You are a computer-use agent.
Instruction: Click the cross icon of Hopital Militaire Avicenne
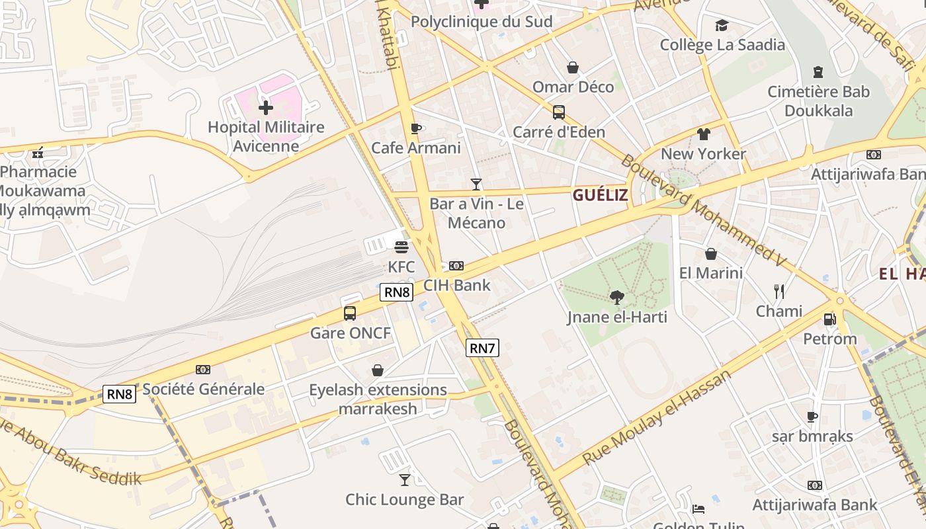tap(266, 107)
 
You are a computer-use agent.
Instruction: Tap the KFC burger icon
tap(401, 247)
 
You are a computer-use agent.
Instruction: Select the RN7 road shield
tap(482, 348)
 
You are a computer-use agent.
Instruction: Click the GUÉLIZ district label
tap(600, 195)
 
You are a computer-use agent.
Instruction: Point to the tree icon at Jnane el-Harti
tap(617, 297)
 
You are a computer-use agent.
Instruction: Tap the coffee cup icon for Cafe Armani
tap(415, 128)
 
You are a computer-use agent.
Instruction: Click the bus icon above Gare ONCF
tap(350, 313)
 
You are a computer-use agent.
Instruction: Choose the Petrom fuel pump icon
tap(829, 319)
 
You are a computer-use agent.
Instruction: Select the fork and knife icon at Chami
tap(779, 291)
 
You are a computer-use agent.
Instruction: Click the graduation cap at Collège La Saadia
tap(722, 25)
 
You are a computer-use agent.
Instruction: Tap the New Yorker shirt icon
tap(704, 134)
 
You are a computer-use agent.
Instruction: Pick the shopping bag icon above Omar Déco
tap(573, 67)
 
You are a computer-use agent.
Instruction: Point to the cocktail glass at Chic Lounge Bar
tap(405, 479)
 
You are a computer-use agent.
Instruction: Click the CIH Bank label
tap(457, 286)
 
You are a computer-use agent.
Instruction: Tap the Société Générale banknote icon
tap(203, 370)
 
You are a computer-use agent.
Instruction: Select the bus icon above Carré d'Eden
tap(559, 112)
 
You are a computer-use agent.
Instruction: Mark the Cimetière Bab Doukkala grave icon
tap(818, 72)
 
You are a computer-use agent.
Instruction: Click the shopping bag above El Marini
tap(711, 253)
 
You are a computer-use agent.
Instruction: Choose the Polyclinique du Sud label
tap(482, 22)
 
